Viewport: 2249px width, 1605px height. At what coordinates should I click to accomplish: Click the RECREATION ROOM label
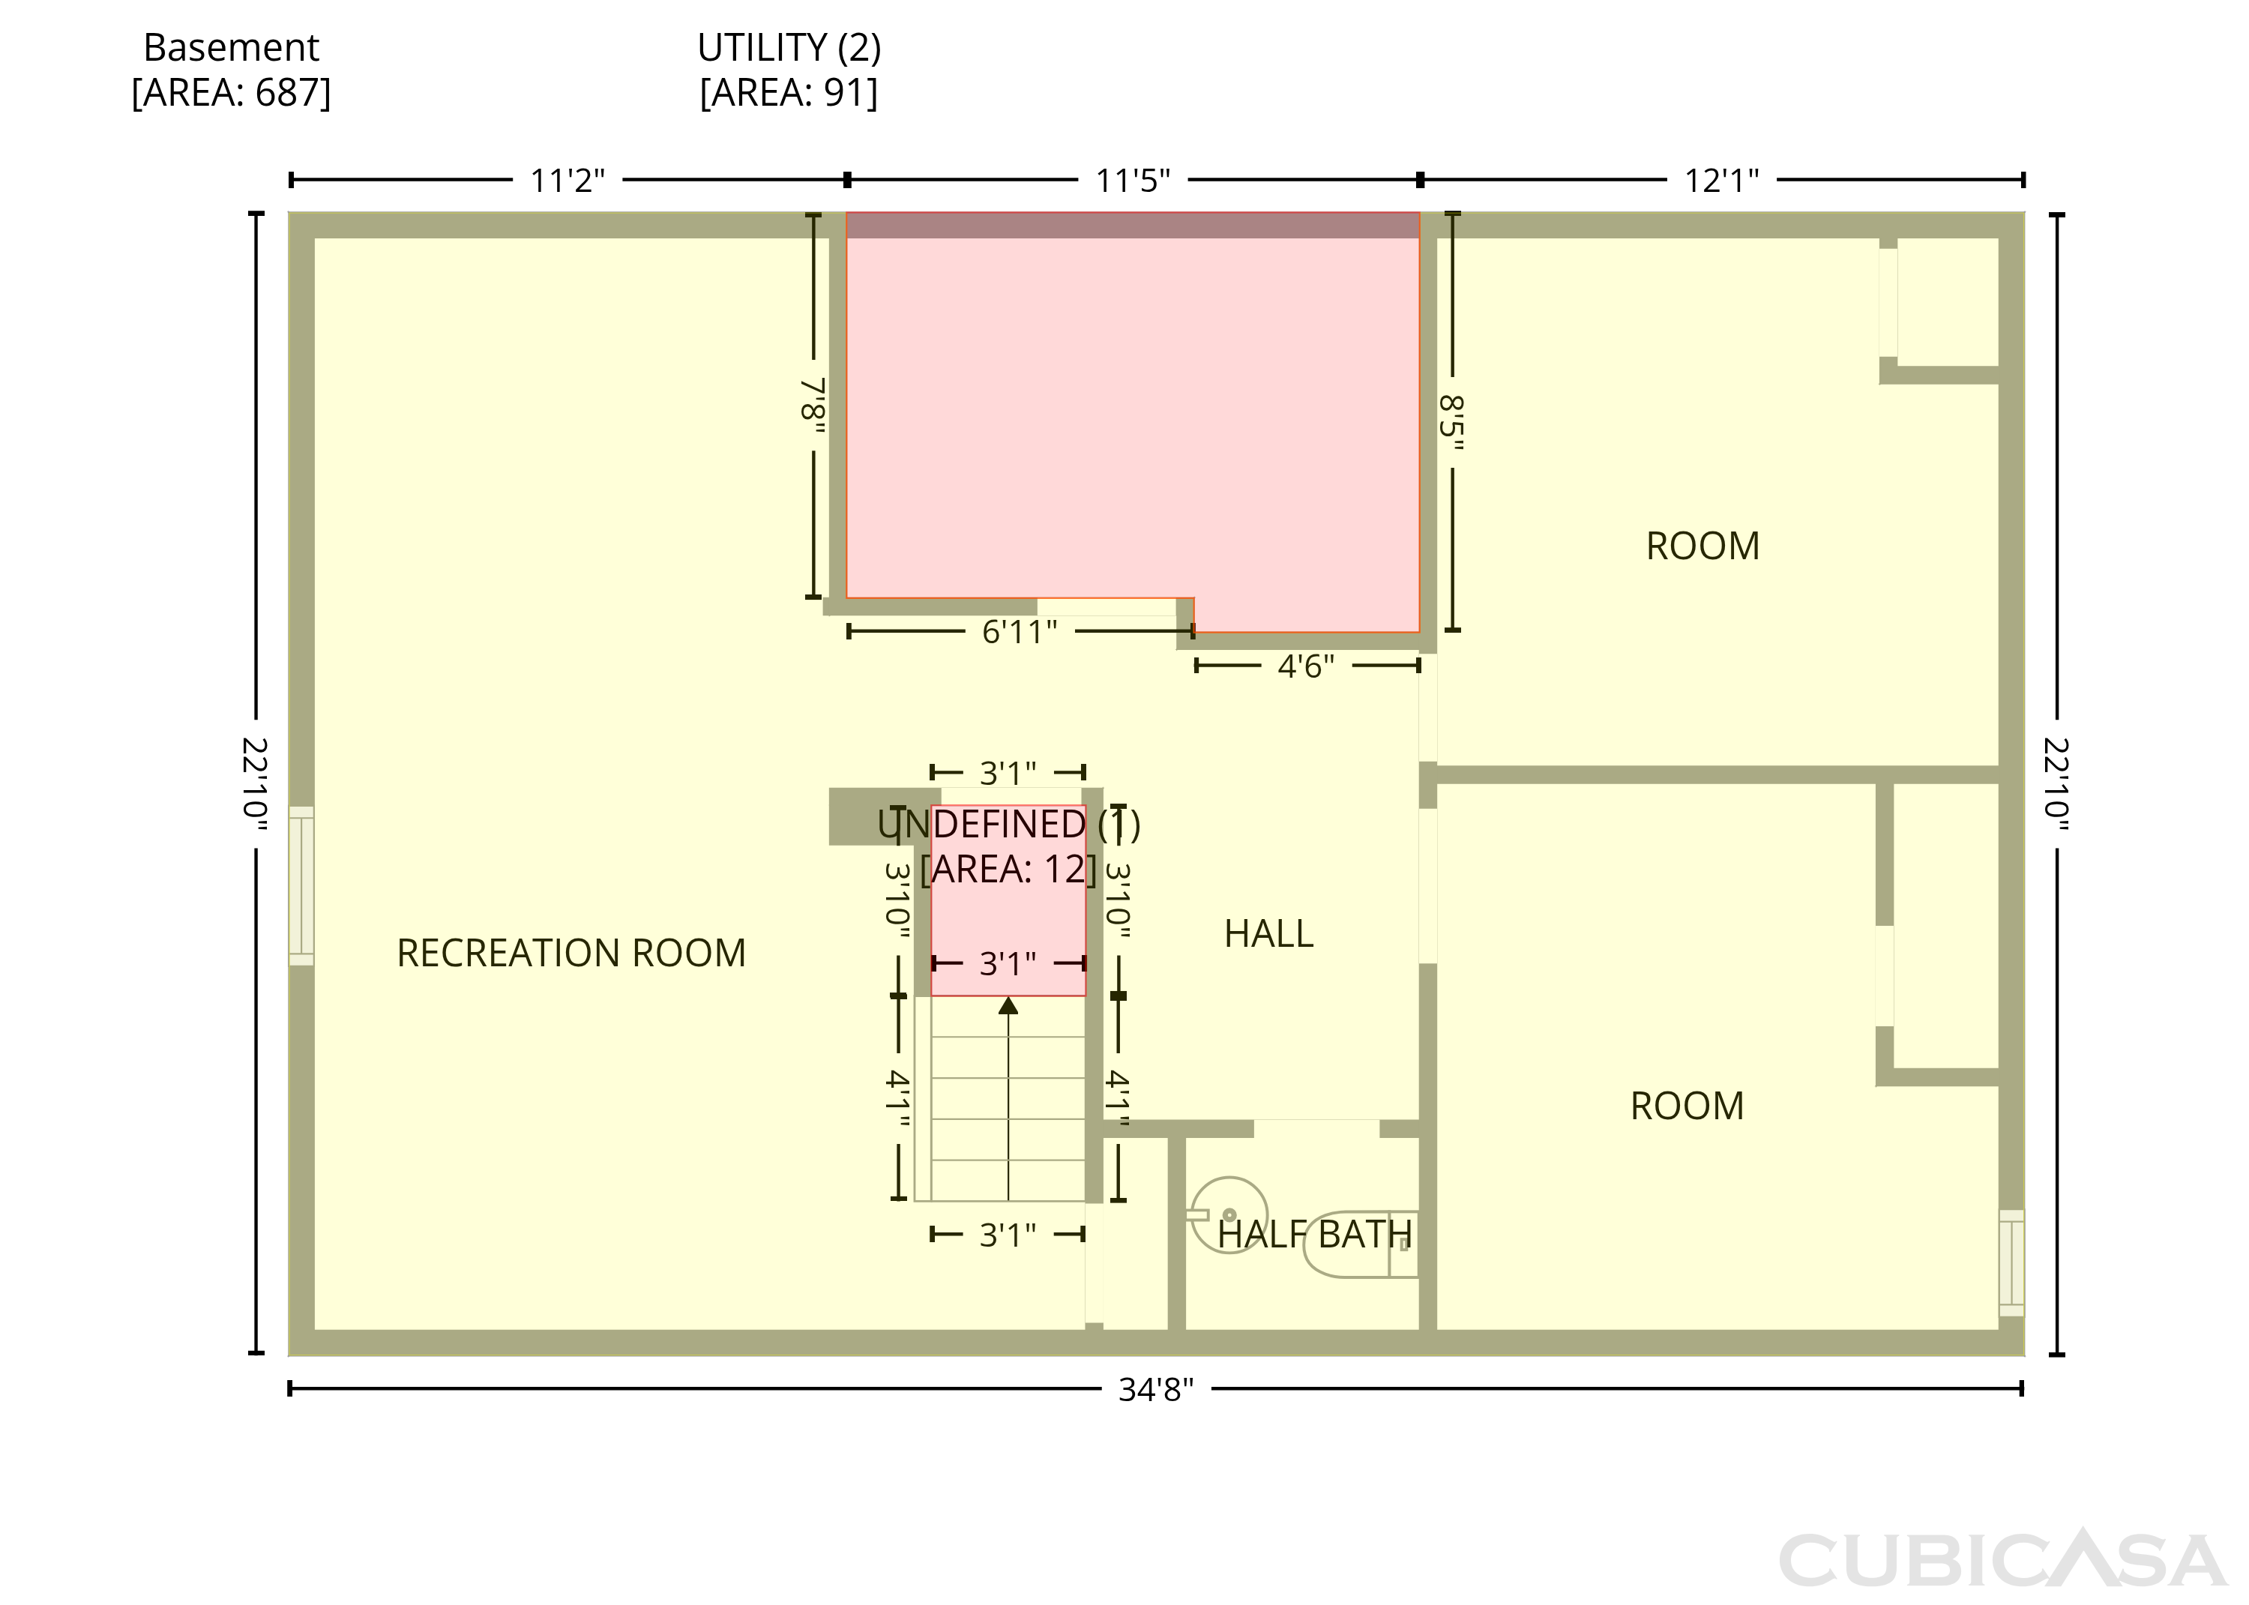tap(571, 953)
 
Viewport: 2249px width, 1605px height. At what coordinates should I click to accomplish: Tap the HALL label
tap(1268, 934)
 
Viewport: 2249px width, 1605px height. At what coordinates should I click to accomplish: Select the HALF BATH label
tap(1314, 1235)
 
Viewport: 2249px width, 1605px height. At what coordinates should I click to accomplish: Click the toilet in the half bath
tap(1361, 1244)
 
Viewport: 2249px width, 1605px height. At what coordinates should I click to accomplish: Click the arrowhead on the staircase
tap(1008, 1005)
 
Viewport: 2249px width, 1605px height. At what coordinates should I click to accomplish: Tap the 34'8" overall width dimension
tap(1156, 1390)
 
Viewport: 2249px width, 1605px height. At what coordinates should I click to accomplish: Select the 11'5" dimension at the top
tap(1133, 181)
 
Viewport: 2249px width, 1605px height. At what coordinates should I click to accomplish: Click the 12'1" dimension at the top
tap(1721, 181)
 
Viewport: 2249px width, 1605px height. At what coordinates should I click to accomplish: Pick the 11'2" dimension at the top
tap(567, 181)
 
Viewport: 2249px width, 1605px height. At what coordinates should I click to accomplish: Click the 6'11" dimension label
tap(1020, 631)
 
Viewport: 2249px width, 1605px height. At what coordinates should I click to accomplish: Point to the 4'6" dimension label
tap(1307, 666)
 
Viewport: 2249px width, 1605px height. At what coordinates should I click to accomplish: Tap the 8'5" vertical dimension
tap(1451, 423)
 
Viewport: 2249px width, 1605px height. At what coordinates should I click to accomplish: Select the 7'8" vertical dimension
tap(812, 406)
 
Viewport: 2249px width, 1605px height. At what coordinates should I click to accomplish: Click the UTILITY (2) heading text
tap(789, 47)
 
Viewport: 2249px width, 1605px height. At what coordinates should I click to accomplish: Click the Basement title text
tap(231, 47)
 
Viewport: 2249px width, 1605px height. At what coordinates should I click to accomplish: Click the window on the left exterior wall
tap(301, 885)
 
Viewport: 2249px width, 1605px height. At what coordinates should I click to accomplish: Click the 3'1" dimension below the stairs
tap(1008, 1235)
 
